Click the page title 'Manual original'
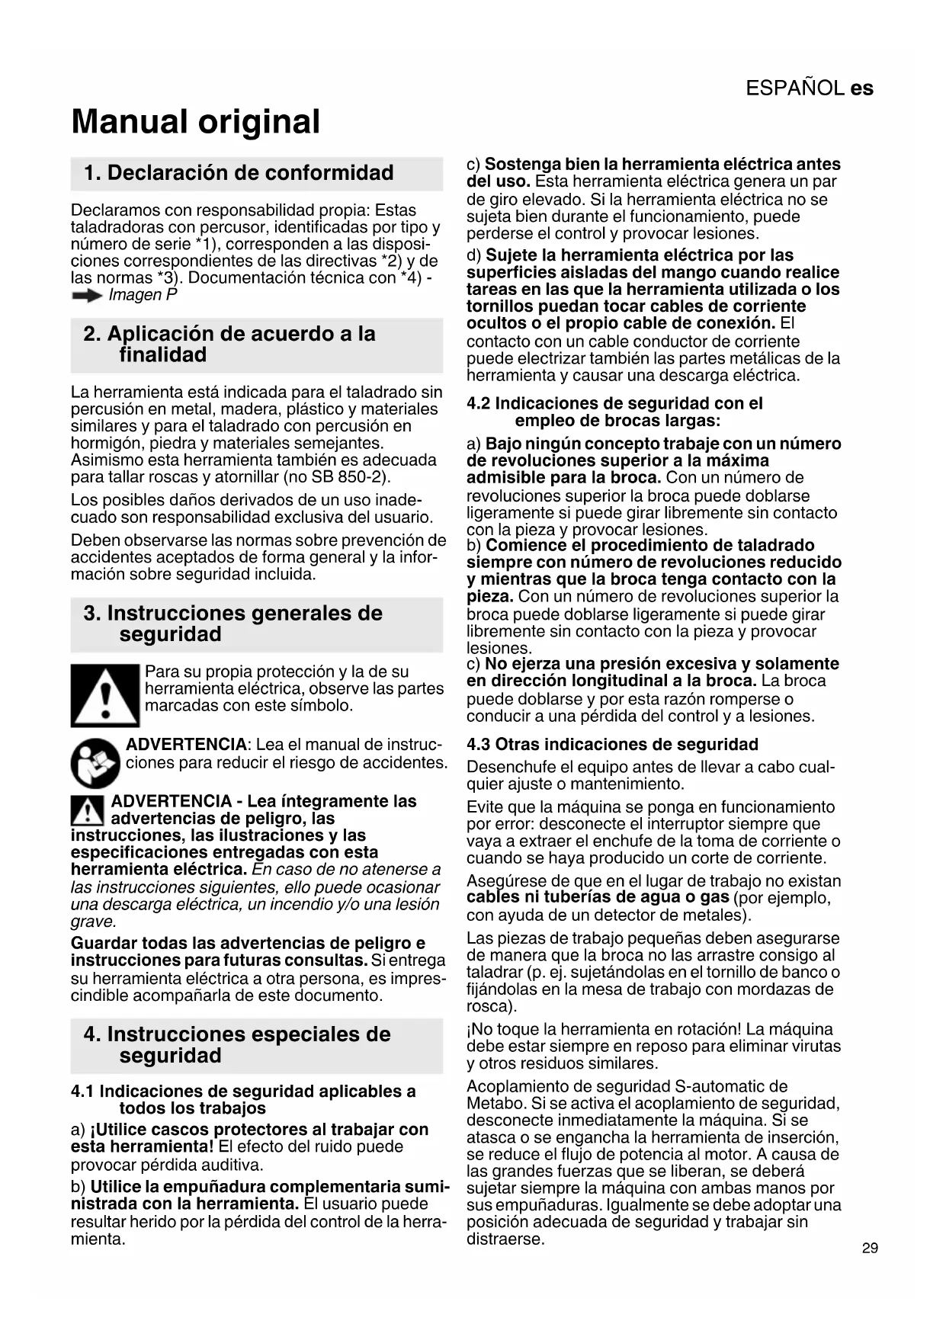[x=196, y=122]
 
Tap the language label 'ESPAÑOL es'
[x=809, y=88]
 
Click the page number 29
[x=870, y=1248]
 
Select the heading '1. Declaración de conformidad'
[x=239, y=173]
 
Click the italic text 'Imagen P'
[x=143, y=296]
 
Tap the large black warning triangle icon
[x=105, y=695]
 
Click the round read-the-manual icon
[x=95, y=762]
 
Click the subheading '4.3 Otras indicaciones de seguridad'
[x=612, y=745]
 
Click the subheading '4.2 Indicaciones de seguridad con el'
[x=614, y=404]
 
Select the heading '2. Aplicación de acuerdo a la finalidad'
[x=229, y=345]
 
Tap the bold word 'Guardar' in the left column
[x=104, y=944]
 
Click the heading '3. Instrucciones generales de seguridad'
[x=232, y=624]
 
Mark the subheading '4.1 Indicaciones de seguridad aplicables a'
[x=243, y=1092]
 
